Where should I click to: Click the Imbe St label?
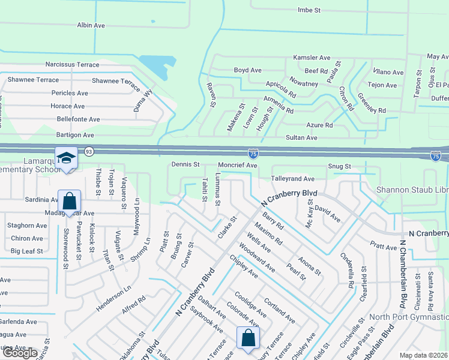[x=310, y=10]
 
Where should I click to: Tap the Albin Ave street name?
[x=91, y=25]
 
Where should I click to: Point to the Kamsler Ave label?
[x=312, y=58]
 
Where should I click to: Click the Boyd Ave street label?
[x=247, y=70]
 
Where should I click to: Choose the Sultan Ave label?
[x=303, y=137]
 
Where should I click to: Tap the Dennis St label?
[x=185, y=164]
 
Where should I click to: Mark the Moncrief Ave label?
[x=237, y=165]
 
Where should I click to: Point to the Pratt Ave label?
[x=384, y=247]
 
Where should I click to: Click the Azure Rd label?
[x=319, y=125]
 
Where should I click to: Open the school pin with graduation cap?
[x=66, y=157]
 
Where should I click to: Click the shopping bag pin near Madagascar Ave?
[x=70, y=200]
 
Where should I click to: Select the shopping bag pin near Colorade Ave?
[x=248, y=337]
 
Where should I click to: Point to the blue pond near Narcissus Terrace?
[x=153, y=65]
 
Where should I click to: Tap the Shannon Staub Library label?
[x=412, y=190]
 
